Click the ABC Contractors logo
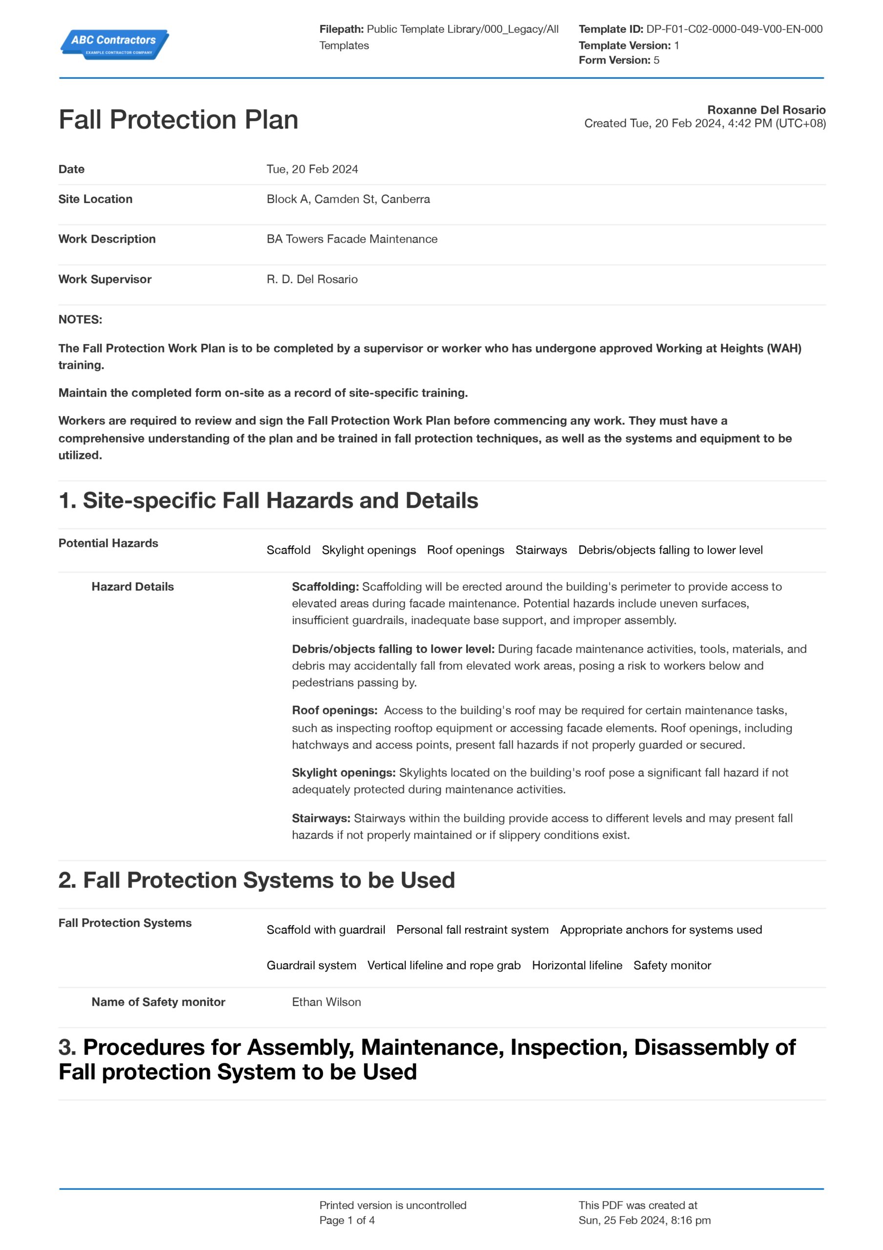click(114, 44)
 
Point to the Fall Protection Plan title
click(178, 119)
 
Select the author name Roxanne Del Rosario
click(766, 110)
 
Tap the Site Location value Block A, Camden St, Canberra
click(348, 199)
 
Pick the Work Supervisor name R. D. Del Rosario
click(312, 279)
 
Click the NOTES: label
click(80, 319)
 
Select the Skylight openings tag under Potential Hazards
click(369, 550)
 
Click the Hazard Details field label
click(132, 587)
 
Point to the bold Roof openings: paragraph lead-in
click(334, 710)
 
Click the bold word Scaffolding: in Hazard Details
click(325, 587)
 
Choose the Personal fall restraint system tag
click(472, 930)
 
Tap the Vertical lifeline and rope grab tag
click(444, 965)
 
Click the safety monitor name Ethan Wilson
click(326, 1002)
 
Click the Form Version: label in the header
click(614, 60)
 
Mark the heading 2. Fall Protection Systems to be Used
click(256, 880)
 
